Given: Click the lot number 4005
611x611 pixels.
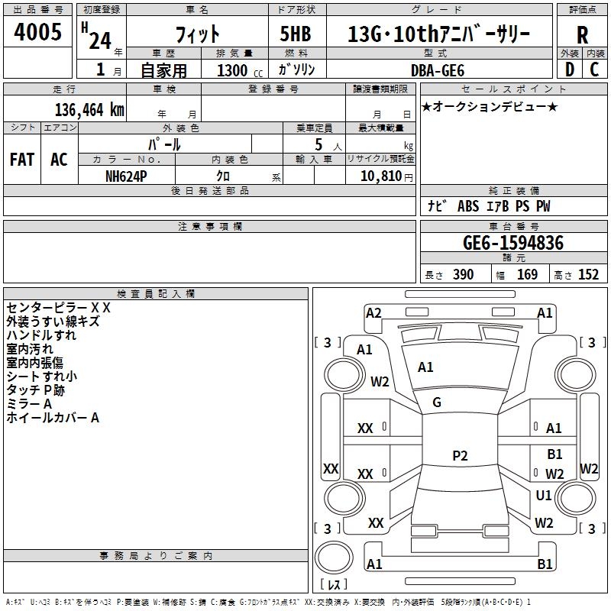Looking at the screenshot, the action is pyautogui.click(x=37, y=31).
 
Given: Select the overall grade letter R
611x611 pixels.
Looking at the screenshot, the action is pyautogui.click(x=582, y=34).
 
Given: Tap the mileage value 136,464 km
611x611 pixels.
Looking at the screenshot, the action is pyautogui.click(x=89, y=110).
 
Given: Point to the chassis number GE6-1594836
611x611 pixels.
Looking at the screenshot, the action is pyautogui.click(x=513, y=242).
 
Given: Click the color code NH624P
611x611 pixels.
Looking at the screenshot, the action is pyautogui.click(x=126, y=176).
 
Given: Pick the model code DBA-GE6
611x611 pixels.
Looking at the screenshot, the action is pyautogui.click(x=438, y=70).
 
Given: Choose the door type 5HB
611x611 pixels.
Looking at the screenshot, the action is pyautogui.click(x=296, y=34).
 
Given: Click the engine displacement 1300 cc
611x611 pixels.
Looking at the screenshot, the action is pyautogui.click(x=240, y=70).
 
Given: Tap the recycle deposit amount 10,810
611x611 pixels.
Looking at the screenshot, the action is pyautogui.click(x=380, y=176).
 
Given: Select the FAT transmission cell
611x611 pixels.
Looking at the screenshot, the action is pyautogui.click(x=22, y=160).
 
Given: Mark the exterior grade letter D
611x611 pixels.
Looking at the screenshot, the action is pyautogui.click(x=569, y=70).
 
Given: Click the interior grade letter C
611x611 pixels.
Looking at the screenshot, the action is pyautogui.click(x=594, y=70).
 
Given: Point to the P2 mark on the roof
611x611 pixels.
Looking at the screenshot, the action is pyautogui.click(x=460, y=455).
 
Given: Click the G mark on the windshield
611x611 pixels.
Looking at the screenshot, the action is pyautogui.click(x=437, y=402).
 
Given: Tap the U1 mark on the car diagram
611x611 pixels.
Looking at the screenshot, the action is pyautogui.click(x=544, y=495).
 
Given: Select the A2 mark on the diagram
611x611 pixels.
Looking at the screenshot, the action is pyautogui.click(x=373, y=313).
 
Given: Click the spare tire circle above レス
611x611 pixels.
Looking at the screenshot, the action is pyautogui.click(x=334, y=558).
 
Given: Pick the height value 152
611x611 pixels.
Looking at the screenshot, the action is pyautogui.click(x=588, y=275).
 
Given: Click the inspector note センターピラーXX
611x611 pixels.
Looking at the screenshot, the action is pyautogui.click(x=59, y=308).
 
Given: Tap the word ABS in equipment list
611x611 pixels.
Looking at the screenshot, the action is pyautogui.click(x=468, y=206).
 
